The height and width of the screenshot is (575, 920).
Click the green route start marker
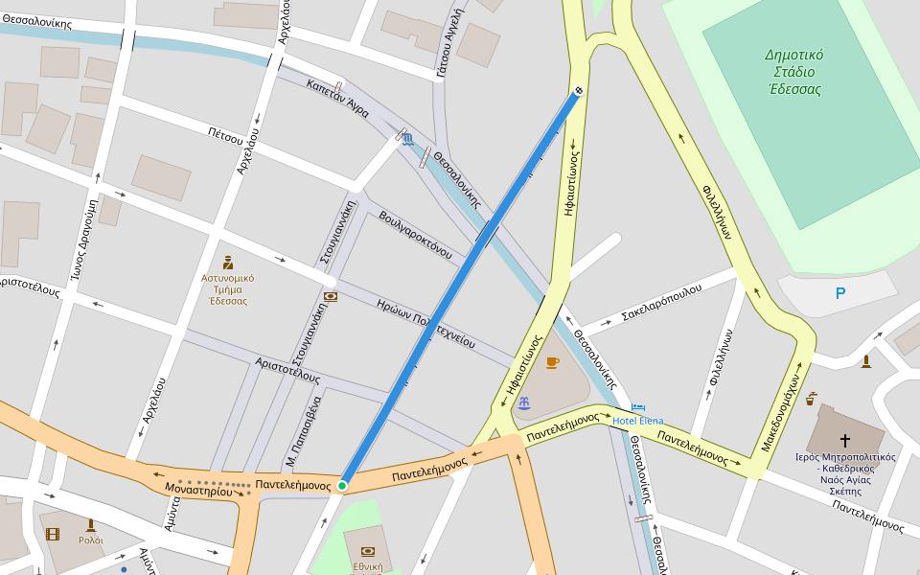coord(342,486)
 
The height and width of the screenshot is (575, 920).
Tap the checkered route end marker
coord(579,91)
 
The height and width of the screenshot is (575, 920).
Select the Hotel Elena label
coord(637,421)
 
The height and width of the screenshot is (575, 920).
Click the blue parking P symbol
coord(840,293)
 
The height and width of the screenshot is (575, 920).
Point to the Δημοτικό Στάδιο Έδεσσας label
coord(794,72)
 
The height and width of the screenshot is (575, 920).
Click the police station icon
coord(228,263)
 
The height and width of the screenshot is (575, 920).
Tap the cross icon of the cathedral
coord(844,440)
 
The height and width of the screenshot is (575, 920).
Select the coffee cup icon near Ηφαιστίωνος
coord(552,362)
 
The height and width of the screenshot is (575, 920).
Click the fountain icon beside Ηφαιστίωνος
coord(524,402)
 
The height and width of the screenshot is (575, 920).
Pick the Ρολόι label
coord(91,540)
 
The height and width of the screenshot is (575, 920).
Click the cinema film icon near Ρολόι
coord(53,534)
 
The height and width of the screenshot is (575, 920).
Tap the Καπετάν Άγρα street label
coord(337,98)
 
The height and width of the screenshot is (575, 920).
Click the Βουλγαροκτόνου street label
coord(415,235)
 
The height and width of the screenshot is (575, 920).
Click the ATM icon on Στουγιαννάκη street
coord(331,297)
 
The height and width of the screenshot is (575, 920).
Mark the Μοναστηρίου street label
coord(198,491)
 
